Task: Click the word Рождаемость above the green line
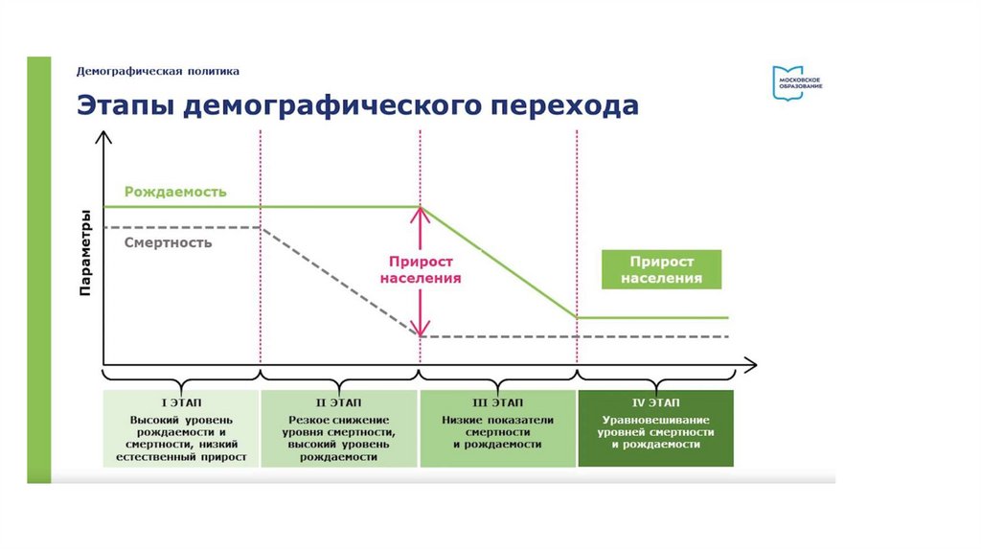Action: pos(175,192)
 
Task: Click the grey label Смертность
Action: pos(168,242)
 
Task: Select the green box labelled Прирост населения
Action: pos(661,270)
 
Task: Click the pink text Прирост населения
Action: pos(421,269)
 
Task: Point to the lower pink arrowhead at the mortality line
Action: pos(420,329)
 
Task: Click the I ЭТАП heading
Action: pos(181,401)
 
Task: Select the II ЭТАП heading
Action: pos(339,401)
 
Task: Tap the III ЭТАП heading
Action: pos(497,401)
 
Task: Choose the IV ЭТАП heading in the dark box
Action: pos(656,401)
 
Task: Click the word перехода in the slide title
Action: pos(565,104)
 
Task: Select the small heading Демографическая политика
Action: pos(158,71)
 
